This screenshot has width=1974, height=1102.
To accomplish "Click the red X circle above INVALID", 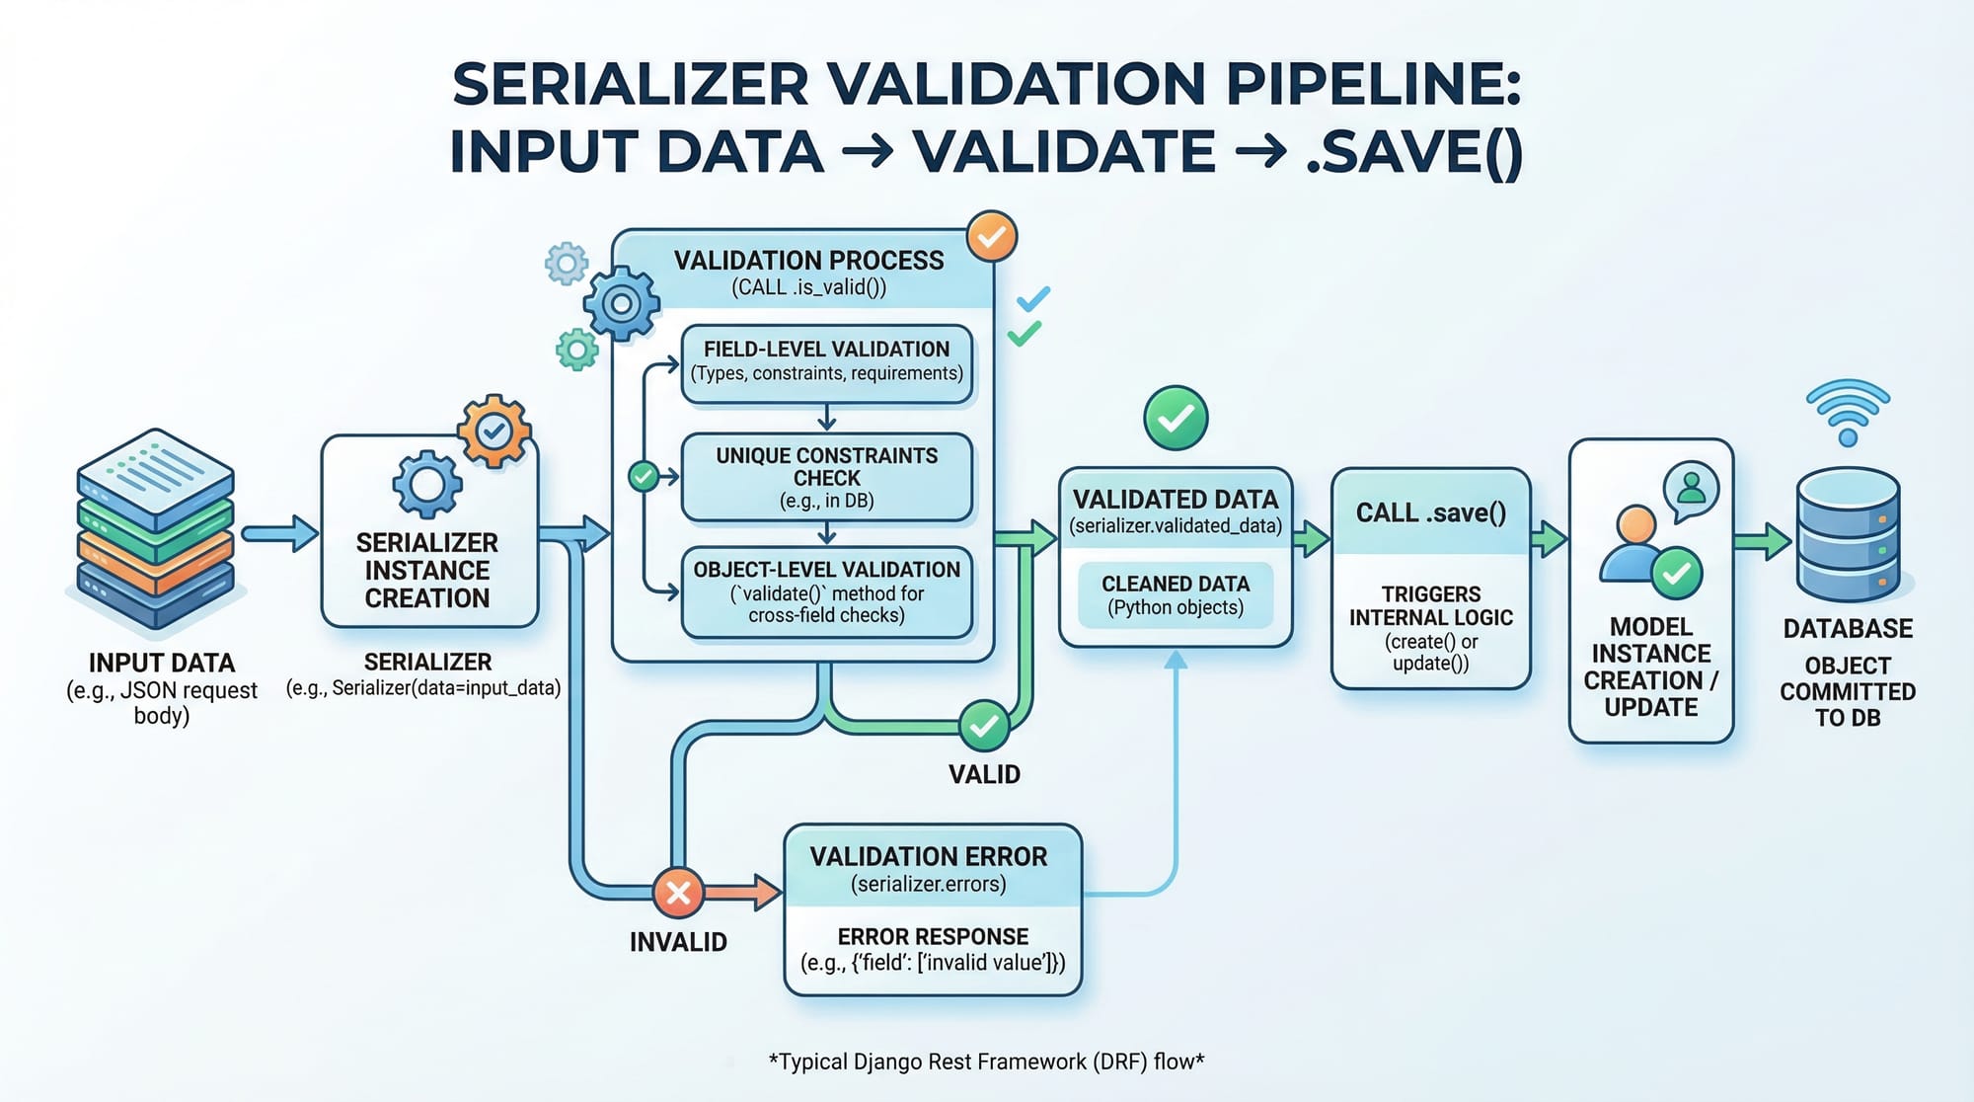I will [x=678, y=893].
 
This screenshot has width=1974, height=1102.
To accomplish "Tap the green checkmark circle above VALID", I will [x=984, y=727].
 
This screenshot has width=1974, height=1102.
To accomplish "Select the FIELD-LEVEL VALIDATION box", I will [x=827, y=362].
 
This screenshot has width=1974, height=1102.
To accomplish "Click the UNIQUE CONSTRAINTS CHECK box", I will [x=827, y=477].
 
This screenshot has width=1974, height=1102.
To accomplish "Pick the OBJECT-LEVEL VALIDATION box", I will [x=827, y=591].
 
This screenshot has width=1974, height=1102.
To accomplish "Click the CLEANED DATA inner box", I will [x=1176, y=595].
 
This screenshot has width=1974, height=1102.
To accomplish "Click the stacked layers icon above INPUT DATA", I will [x=156, y=528].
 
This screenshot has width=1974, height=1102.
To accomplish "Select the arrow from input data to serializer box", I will [x=279, y=534].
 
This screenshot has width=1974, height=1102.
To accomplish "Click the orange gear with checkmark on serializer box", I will [x=494, y=431].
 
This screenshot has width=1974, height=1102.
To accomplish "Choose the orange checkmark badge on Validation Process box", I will [x=992, y=236].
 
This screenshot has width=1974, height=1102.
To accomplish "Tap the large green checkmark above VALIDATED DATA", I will [x=1176, y=418].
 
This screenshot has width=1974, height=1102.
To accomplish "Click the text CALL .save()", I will [x=1431, y=512].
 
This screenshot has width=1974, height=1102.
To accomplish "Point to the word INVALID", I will [x=678, y=942].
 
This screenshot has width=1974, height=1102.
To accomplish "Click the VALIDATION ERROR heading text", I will [x=929, y=856].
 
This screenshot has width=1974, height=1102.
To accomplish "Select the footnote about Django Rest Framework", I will [x=986, y=1062].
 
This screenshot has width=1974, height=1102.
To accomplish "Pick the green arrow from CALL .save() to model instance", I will [x=1550, y=539].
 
